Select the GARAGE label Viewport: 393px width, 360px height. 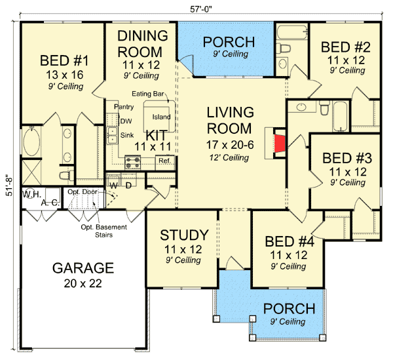coord(83,268)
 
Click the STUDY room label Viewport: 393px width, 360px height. coord(184,235)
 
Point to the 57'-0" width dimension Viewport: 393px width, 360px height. coord(198,7)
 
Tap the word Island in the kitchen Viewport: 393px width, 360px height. coord(161,117)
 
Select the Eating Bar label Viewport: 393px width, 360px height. coord(147,94)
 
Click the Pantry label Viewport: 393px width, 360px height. coord(123,106)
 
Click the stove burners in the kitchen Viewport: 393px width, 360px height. coord(133,160)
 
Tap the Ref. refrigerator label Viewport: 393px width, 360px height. coord(164,161)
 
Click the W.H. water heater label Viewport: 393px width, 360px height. coord(31,195)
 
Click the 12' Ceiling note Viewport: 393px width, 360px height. coord(227,157)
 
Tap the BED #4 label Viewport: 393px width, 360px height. coord(288,241)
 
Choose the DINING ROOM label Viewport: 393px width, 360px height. coord(141,43)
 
